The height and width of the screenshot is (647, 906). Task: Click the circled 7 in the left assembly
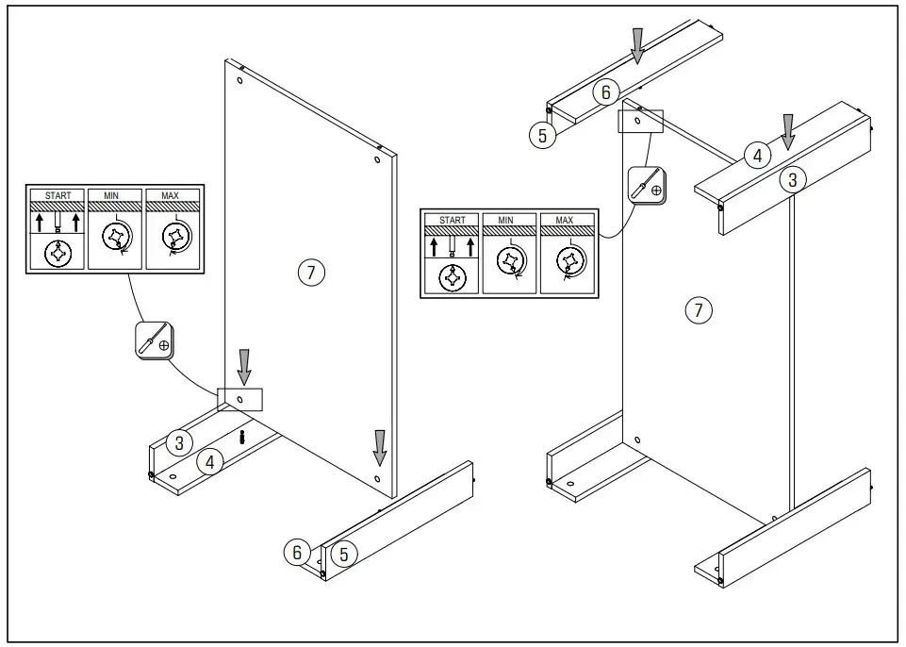click(311, 273)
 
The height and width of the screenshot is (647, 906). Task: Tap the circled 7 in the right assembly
click(698, 309)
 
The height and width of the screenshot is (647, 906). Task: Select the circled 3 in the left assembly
click(179, 441)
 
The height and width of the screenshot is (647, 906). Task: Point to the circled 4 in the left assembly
click(210, 462)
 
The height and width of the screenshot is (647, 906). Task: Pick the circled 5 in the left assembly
click(344, 554)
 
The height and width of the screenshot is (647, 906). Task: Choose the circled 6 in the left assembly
click(297, 552)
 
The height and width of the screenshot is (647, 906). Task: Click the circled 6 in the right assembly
click(606, 91)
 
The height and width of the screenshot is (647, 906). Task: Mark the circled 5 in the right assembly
click(542, 136)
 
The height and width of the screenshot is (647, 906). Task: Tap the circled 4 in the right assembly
click(757, 156)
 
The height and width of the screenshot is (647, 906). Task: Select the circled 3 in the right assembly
click(793, 179)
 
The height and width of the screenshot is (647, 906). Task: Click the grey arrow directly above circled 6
click(638, 45)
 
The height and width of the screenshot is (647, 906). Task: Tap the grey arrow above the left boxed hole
click(243, 366)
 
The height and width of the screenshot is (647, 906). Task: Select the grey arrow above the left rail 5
click(379, 446)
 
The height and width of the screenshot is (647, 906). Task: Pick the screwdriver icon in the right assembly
click(646, 185)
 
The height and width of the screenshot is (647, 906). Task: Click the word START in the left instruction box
click(58, 195)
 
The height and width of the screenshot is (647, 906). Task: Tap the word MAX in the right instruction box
click(564, 221)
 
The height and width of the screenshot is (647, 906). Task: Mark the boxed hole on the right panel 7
click(640, 121)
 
